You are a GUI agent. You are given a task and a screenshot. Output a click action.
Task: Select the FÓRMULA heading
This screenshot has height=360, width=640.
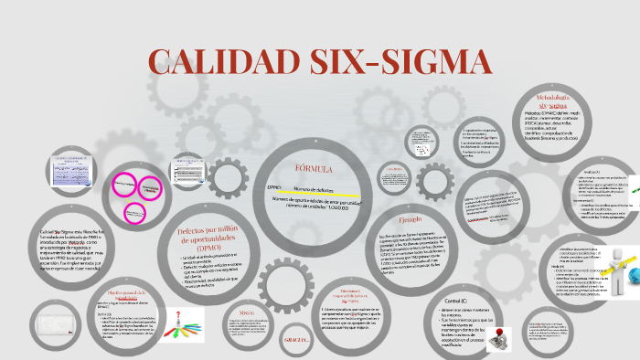pyautogui.click(x=313, y=170)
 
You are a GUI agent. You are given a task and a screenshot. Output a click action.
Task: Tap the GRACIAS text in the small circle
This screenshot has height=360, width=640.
pyautogui.click(x=298, y=340)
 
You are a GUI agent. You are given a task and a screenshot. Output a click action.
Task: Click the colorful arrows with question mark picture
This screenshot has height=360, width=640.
pyautogui.click(x=185, y=323)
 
